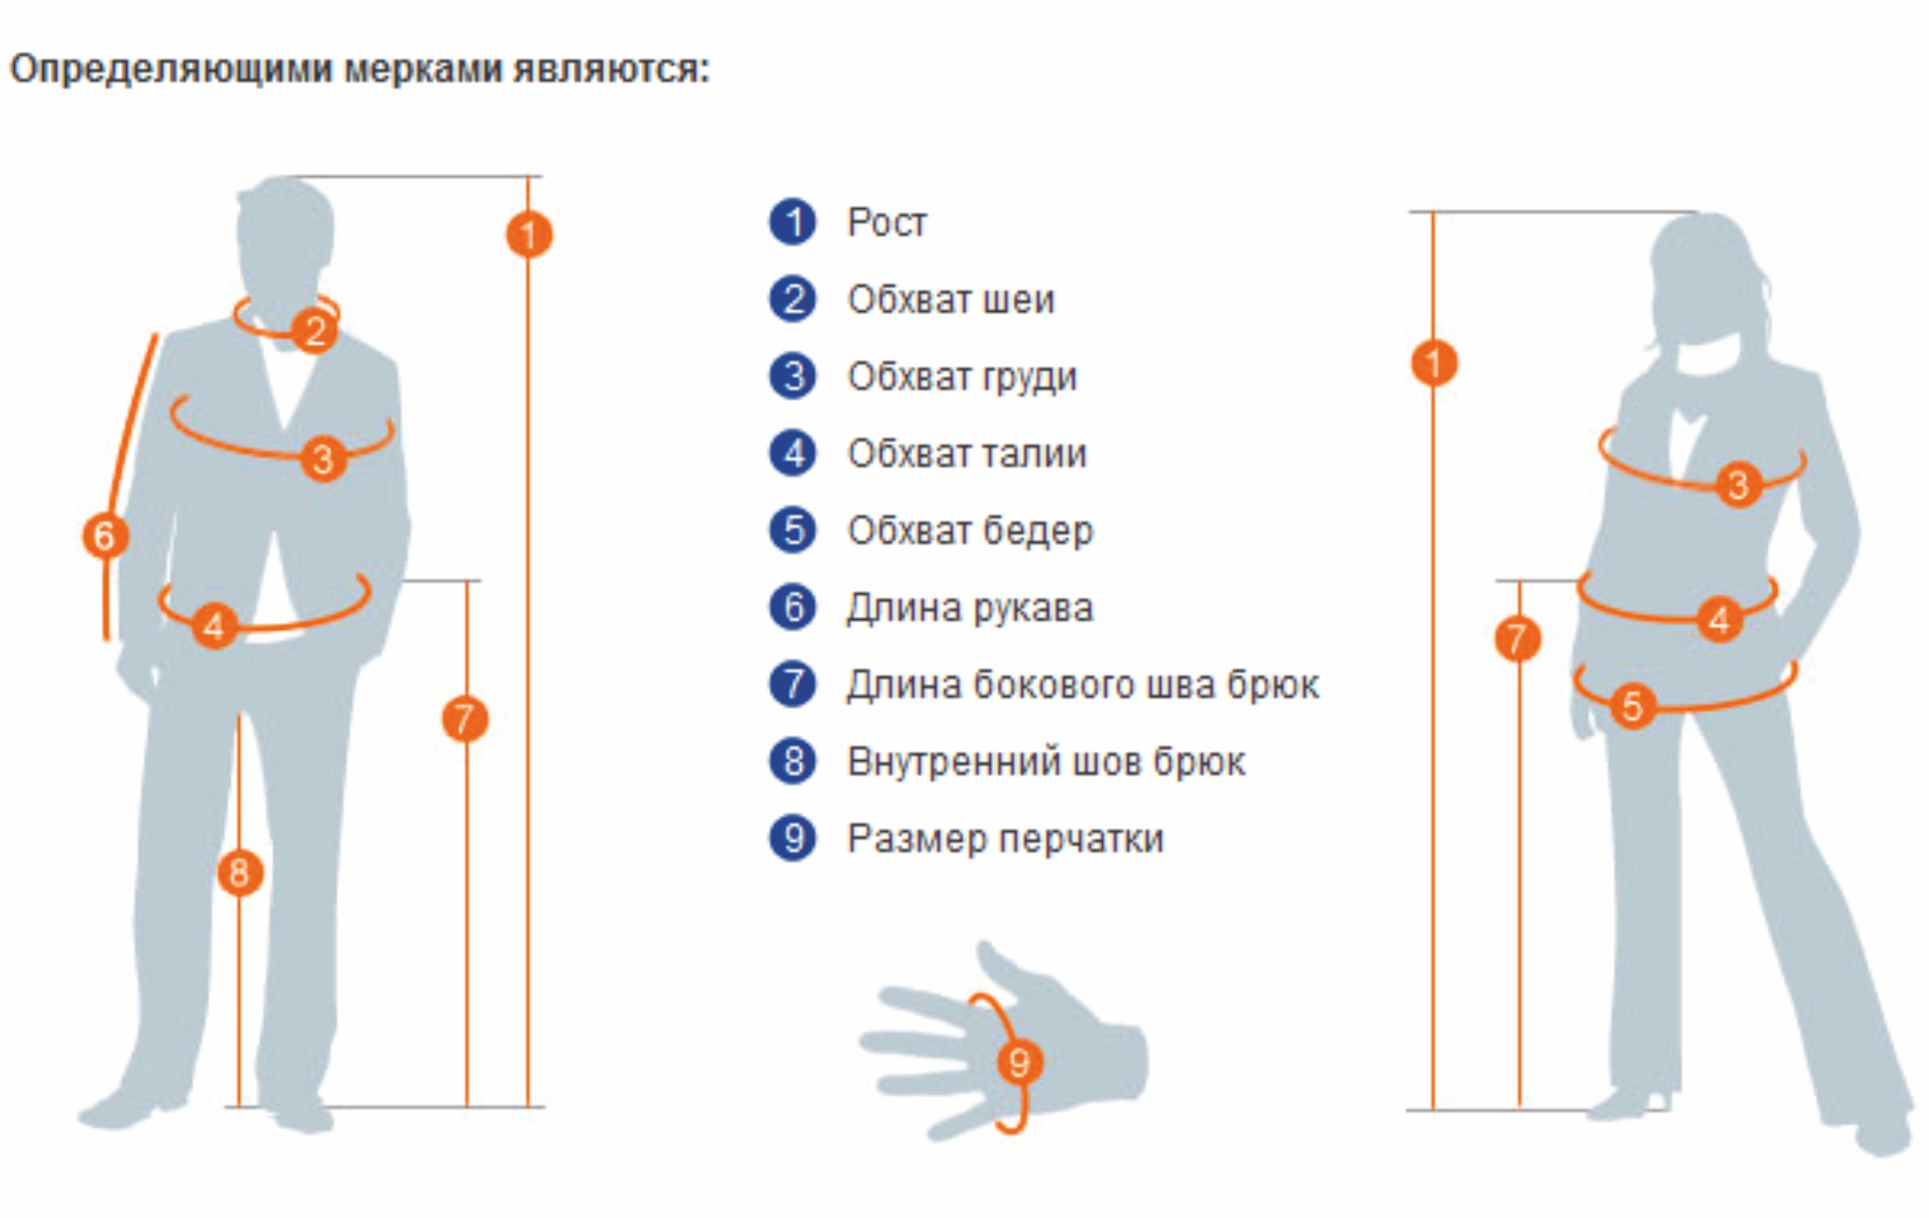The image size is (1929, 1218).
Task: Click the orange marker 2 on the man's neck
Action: [315, 331]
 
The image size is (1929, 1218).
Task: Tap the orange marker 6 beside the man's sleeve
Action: [106, 536]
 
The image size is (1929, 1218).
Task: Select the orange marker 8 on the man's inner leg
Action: [239, 872]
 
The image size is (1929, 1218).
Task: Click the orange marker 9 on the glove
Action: [1019, 1064]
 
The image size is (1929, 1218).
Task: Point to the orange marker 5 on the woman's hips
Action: [1633, 706]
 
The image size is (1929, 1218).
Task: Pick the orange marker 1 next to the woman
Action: [1434, 363]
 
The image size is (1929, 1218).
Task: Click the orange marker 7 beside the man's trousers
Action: [466, 719]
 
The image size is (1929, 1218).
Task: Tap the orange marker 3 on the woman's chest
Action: [1739, 484]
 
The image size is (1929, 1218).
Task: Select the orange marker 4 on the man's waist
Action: [215, 625]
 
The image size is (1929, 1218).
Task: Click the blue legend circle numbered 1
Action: [793, 221]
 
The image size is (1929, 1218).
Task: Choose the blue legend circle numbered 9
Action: [793, 838]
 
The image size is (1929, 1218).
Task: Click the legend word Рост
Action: [887, 222]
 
